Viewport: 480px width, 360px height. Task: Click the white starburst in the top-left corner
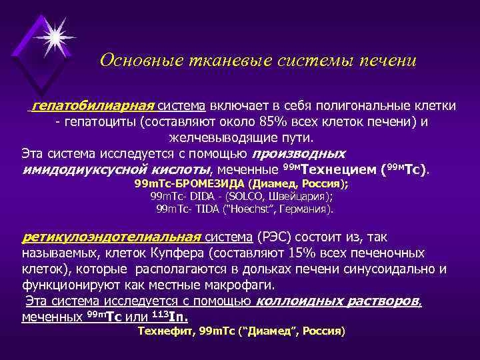(54, 33)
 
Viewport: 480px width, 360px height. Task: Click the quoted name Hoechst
(251, 209)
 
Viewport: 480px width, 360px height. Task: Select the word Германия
(303, 209)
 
